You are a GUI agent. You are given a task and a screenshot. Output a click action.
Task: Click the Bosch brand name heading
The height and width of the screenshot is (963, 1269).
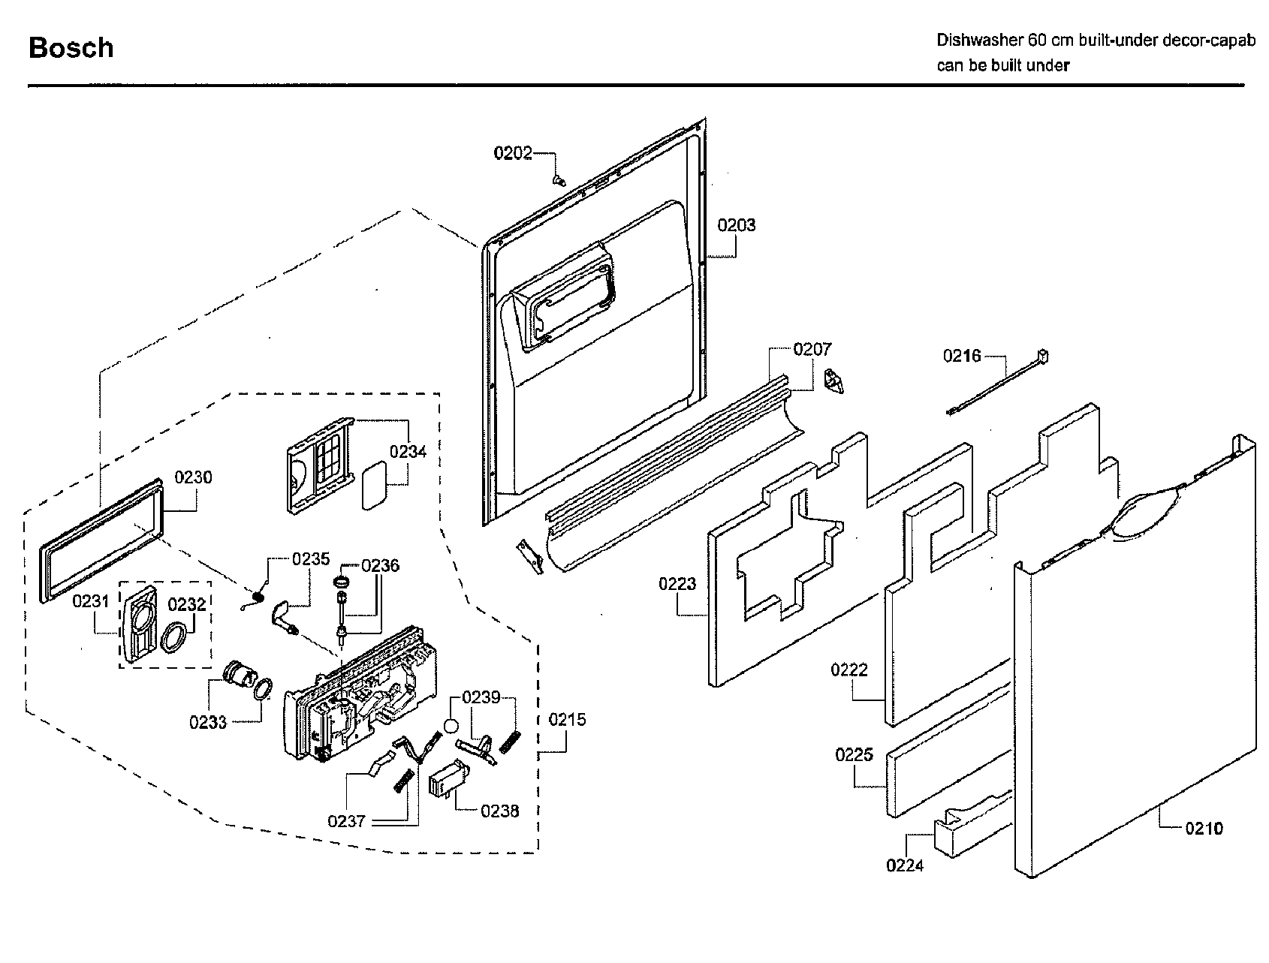tap(71, 48)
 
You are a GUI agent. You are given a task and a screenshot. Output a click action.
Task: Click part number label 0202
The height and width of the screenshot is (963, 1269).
tap(512, 153)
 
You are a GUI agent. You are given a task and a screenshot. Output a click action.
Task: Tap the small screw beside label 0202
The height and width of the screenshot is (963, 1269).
tap(557, 179)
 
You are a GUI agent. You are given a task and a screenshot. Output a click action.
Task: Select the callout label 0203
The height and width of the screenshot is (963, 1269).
tap(736, 225)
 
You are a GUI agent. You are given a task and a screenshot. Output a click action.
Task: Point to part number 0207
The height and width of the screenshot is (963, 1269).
tap(812, 349)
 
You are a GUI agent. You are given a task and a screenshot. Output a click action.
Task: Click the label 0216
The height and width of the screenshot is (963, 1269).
tap(962, 356)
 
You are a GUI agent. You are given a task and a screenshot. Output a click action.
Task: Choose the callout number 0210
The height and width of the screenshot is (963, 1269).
tap(1204, 828)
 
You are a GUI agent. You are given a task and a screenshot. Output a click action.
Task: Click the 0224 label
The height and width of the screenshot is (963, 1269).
tap(905, 865)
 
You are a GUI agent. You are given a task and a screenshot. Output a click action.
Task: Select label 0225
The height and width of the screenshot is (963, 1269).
tap(854, 755)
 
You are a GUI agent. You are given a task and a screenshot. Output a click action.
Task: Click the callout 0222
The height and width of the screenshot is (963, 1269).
tap(849, 670)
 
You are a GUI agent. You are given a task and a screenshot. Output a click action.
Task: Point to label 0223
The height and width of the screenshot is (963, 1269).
tap(677, 584)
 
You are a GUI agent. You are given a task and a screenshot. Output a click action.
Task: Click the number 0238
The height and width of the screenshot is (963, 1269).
tap(499, 811)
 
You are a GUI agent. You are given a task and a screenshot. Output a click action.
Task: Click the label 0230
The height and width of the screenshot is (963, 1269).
tap(193, 477)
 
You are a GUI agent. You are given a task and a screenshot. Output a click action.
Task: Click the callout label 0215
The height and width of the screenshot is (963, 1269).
tap(567, 720)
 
